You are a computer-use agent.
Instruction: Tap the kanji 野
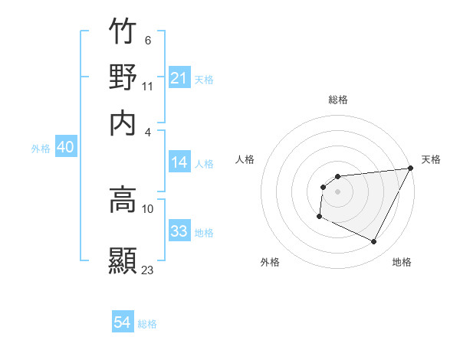coord(123,77)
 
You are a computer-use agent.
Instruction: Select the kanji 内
coord(123,122)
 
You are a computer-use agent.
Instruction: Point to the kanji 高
coord(123,201)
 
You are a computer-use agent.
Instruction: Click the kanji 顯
coord(123,260)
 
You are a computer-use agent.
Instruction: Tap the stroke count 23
coord(148,270)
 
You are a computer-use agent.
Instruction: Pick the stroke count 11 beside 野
coord(148,86)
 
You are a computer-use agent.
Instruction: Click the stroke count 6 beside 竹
coord(147,41)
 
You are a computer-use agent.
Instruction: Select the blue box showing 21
coord(179,78)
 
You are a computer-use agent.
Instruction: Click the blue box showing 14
coord(179,162)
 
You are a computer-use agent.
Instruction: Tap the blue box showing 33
coord(179,231)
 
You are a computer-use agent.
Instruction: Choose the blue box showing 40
coord(65,148)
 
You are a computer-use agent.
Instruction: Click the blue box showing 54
coord(123,323)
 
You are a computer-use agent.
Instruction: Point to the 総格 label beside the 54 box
coord(147,324)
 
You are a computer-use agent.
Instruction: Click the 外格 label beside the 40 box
coord(41,149)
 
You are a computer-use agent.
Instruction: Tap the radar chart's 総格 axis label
coord(337,100)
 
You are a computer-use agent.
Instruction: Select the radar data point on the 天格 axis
coord(411,169)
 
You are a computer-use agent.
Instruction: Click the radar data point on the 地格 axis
coord(374,242)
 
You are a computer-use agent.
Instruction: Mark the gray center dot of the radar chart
coord(337,191)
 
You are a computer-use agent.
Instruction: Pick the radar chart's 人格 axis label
coord(245,159)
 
